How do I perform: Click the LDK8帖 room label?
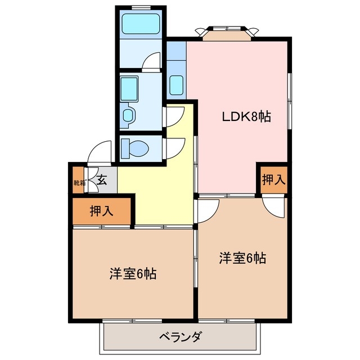point(246,117)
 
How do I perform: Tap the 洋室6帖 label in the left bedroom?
point(133,274)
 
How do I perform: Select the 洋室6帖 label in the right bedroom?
point(242,259)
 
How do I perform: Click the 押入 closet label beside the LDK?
point(273,180)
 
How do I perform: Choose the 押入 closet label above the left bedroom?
point(101,211)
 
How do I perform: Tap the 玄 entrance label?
point(102,181)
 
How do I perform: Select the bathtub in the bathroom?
point(142,24)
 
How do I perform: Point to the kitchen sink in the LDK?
point(176,84)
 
